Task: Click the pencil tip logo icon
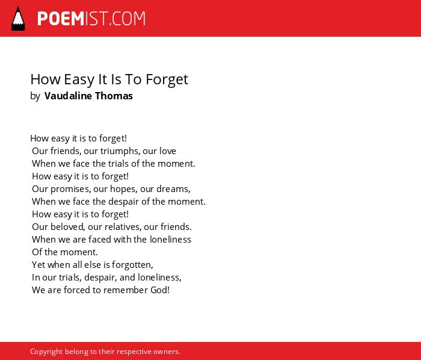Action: coord(18,19)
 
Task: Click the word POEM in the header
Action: coord(61,19)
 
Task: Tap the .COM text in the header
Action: coord(128,19)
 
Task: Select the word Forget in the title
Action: coord(167,79)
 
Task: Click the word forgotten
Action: coord(132,265)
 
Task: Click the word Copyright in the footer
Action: coord(46,352)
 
